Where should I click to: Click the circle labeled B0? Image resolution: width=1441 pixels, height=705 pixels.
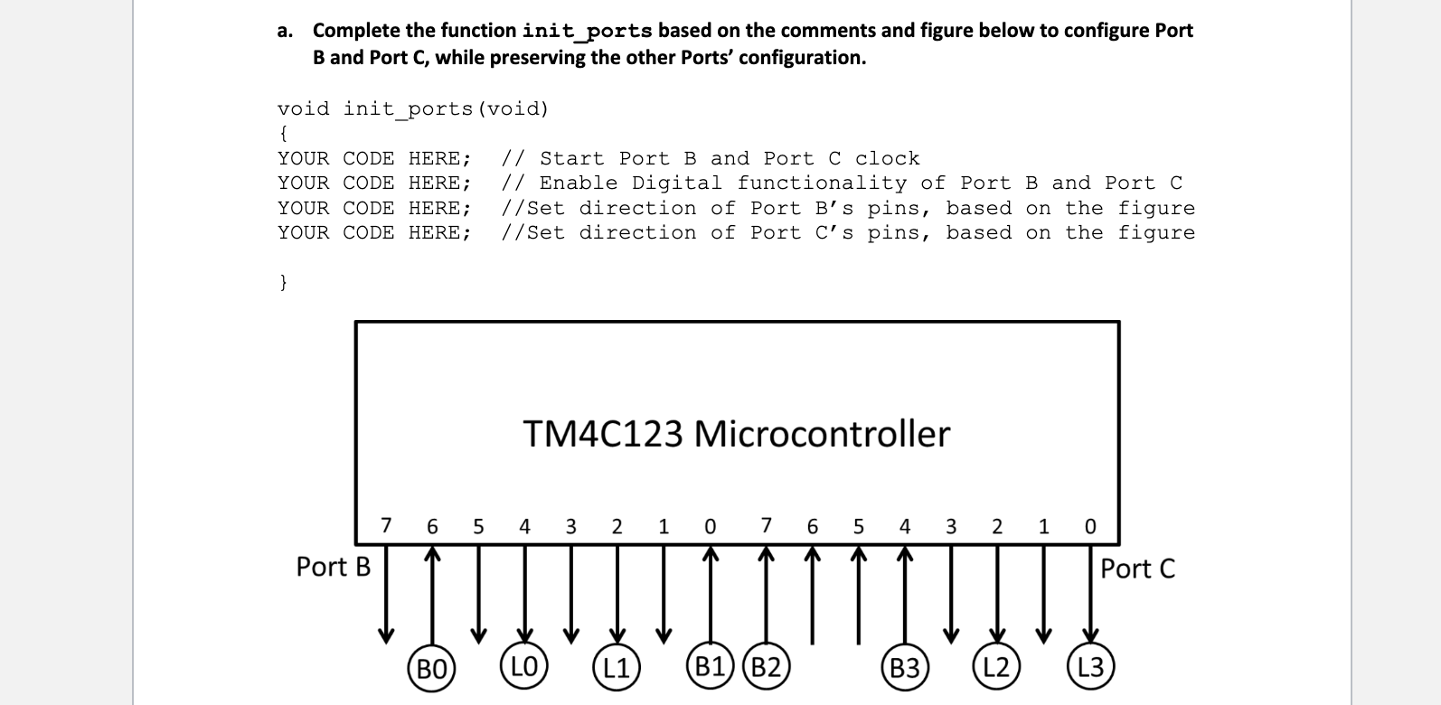click(431, 669)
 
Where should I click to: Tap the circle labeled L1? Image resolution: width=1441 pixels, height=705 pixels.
click(617, 669)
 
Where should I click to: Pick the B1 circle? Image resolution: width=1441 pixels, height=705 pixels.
click(710, 668)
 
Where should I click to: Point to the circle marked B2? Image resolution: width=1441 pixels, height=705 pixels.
click(766, 668)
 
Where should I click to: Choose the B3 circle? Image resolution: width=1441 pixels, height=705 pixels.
click(904, 669)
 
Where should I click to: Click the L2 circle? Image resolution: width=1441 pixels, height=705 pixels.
click(996, 668)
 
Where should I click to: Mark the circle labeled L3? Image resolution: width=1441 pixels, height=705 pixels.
click(1090, 668)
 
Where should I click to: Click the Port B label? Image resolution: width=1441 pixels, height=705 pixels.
click(333, 567)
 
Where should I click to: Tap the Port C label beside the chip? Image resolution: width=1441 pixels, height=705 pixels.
click(1137, 569)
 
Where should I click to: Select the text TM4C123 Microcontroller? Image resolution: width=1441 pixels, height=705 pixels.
click(736, 434)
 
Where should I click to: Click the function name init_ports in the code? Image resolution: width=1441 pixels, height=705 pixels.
click(408, 109)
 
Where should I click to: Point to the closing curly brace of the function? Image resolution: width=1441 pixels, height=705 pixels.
click(283, 282)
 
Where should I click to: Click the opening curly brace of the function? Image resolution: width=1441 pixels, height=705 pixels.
click(283, 134)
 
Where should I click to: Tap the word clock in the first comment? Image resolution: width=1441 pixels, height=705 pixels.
click(887, 159)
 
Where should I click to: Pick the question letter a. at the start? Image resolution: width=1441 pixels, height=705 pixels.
click(286, 31)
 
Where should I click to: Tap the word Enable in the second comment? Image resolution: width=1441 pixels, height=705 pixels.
click(579, 183)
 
